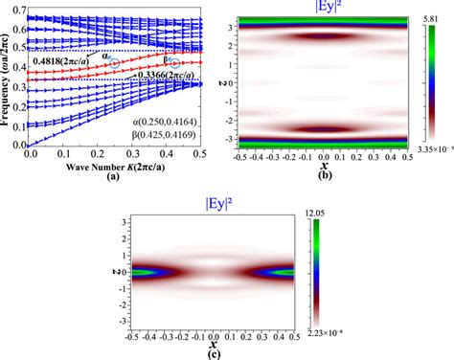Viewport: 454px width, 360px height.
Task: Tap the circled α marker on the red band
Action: (x=114, y=61)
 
